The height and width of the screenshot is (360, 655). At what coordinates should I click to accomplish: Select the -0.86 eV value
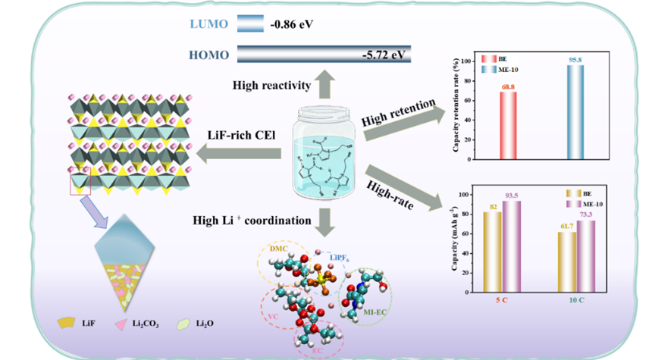click(292, 25)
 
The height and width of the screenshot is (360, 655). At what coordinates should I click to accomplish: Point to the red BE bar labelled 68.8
click(507, 126)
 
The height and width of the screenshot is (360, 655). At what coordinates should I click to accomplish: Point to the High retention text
click(399, 110)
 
